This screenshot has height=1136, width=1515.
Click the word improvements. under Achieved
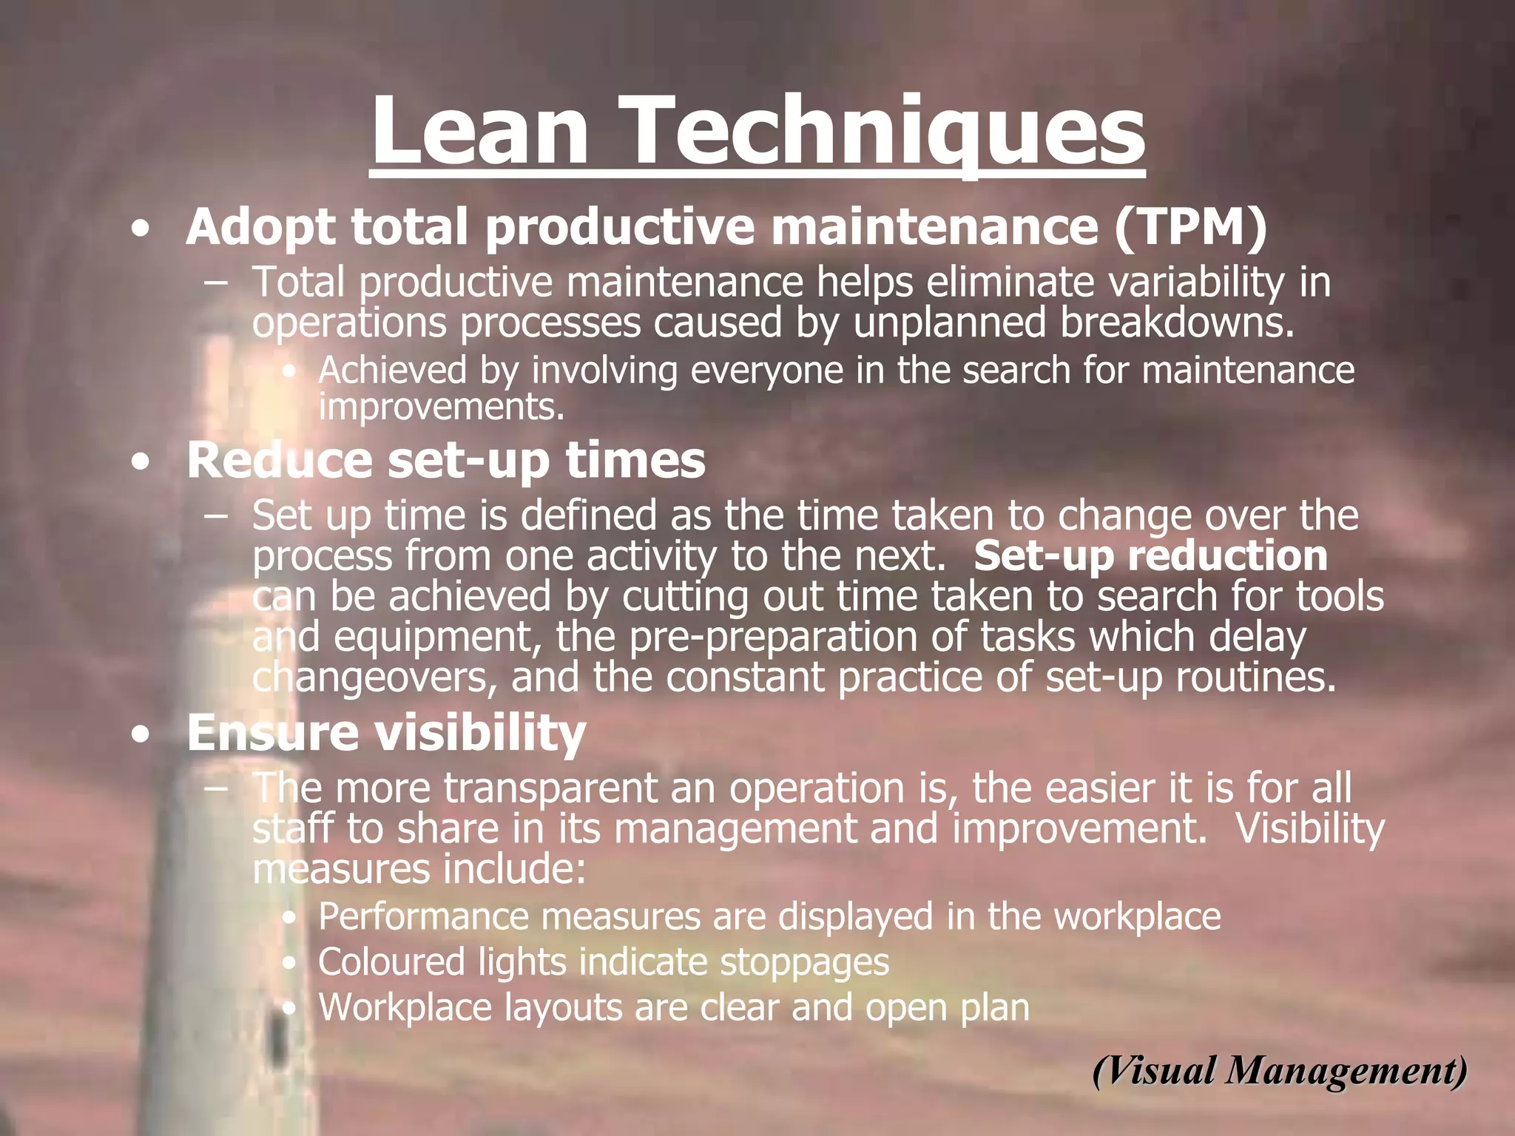pos(441,407)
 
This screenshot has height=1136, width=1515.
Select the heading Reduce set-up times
pos(446,460)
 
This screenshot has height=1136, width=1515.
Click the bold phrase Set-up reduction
pos(1150,556)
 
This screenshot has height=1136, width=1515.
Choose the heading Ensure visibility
pos(386,733)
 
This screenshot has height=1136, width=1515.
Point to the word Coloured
pos(391,962)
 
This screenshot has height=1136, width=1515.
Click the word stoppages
pos(804,962)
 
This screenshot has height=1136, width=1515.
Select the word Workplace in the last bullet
pos(404,1007)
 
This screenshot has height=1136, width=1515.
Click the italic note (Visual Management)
pos(1280,1070)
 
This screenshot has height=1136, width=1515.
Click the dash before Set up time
pos(216,515)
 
